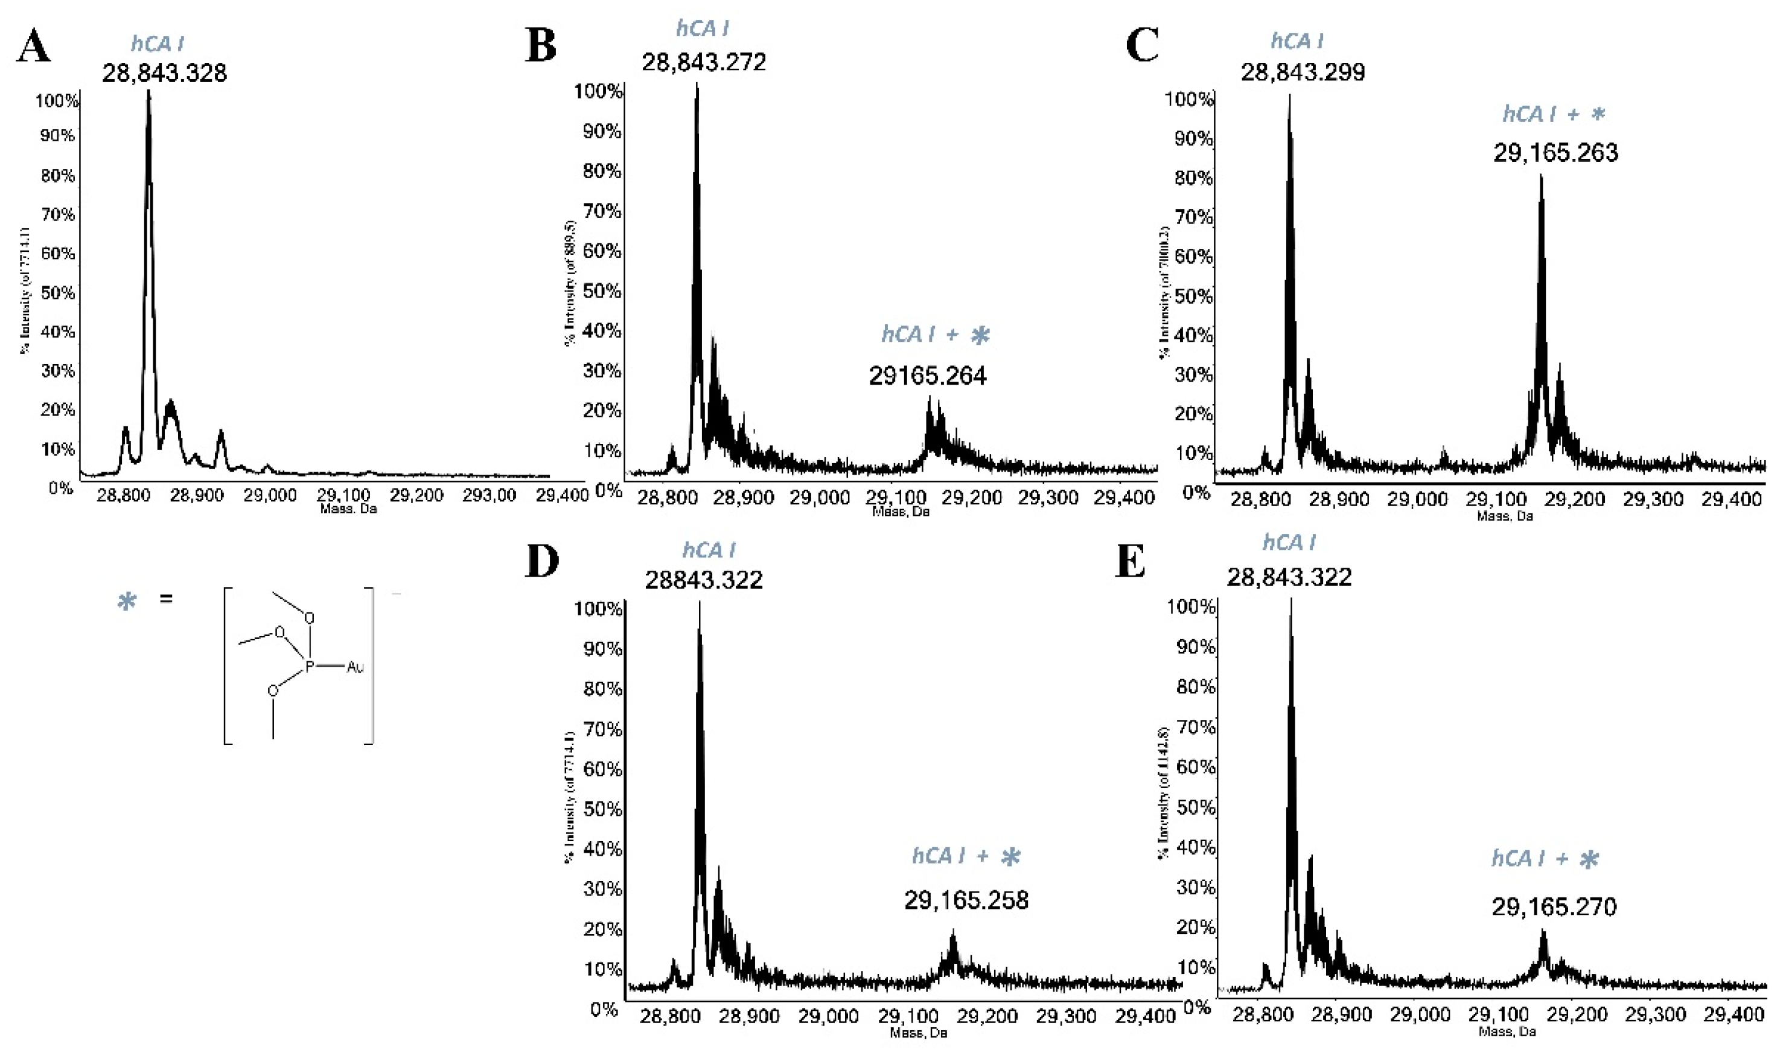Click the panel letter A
pos(33,47)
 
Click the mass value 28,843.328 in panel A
pos(164,72)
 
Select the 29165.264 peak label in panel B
pos(927,376)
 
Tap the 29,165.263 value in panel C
pos(1555,153)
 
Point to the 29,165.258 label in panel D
pos(966,900)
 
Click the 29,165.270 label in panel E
pos(1554,907)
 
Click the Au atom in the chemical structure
pos(355,667)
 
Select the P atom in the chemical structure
pos(309,667)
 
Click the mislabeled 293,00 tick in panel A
pos(489,495)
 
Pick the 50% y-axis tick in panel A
pos(57,293)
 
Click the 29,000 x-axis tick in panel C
pos(1417,499)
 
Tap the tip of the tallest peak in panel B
pos(697,86)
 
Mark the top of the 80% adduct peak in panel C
pos(1541,177)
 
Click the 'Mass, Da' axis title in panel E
pos(1507,1031)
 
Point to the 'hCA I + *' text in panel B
pos(935,335)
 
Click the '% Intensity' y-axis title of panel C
pos(1164,292)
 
